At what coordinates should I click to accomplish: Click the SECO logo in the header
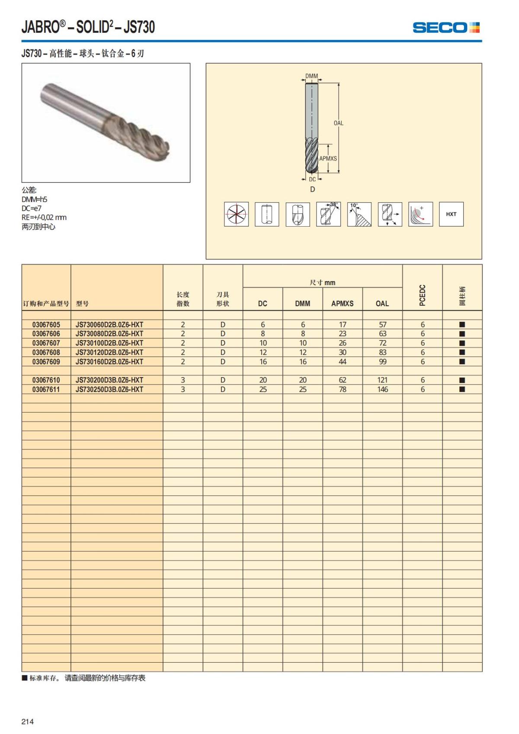pyautogui.click(x=446, y=28)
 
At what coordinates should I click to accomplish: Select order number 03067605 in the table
pyautogui.click(x=46, y=324)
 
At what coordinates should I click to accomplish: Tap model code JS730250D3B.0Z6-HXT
pyautogui.click(x=109, y=389)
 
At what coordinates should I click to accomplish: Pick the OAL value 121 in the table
pyautogui.click(x=382, y=380)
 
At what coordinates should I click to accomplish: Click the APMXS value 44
pyautogui.click(x=343, y=362)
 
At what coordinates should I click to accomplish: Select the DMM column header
pyautogui.click(x=303, y=304)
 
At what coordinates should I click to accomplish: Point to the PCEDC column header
pyautogui.click(x=423, y=295)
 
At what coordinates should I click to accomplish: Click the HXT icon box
pyautogui.click(x=451, y=214)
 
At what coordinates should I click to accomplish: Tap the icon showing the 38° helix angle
pyautogui.click(x=328, y=214)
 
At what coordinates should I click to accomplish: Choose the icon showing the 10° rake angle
pyautogui.click(x=359, y=214)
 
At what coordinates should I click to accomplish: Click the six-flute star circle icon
pyautogui.click(x=236, y=214)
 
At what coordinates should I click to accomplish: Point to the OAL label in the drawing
pyautogui.click(x=338, y=123)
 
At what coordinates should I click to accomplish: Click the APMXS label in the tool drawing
pyautogui.click(x=328, y=159)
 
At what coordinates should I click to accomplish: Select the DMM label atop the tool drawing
pyautogui.click(x=311, y=76)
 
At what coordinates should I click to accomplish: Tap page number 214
pyautogui.click(x=28, y=721)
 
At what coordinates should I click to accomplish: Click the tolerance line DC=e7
pyautogui.click(x=32, y=208)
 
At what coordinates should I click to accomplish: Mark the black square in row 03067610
pyautogui.click(x=462, y=380)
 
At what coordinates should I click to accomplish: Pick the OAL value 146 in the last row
pyautogui.click(x=382, y=389)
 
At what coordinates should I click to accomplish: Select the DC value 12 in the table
pyautogui.click(x=263, y=353)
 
